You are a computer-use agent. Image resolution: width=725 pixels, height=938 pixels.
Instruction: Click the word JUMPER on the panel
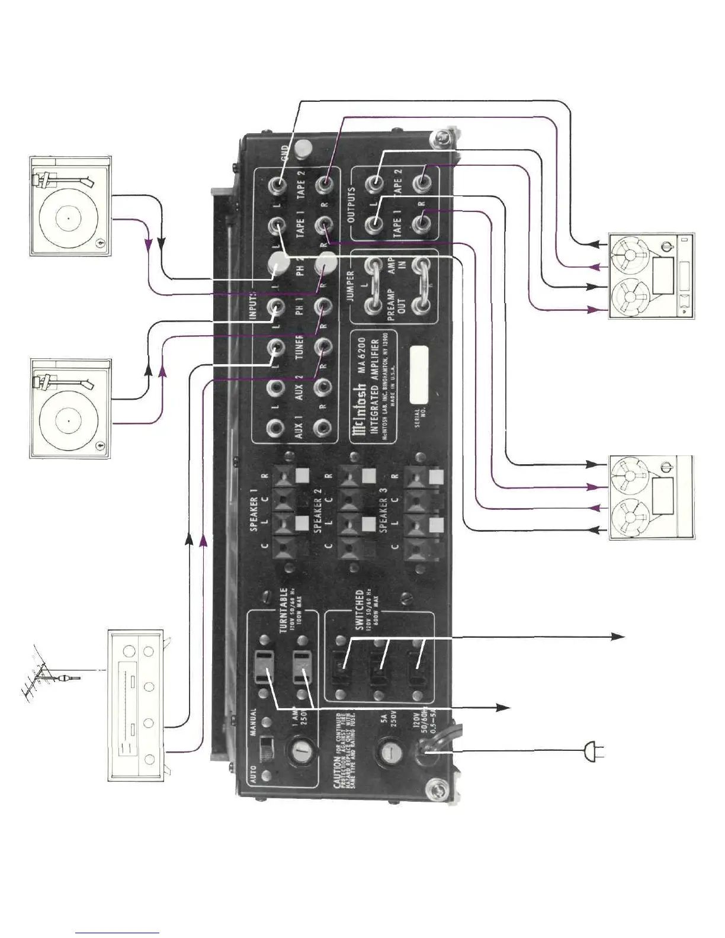point(349,287)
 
